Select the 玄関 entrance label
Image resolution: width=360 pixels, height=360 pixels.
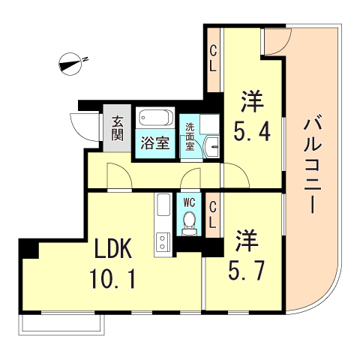pos(118,128)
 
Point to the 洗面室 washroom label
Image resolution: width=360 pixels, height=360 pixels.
pos(190,136)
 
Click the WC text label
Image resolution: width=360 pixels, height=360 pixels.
pos(190,201)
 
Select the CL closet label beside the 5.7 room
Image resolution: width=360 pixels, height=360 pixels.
pos(213,213)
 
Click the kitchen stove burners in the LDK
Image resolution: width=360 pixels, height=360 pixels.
pos(161,241)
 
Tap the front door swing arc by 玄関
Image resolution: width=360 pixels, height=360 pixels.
pos(79,124)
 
